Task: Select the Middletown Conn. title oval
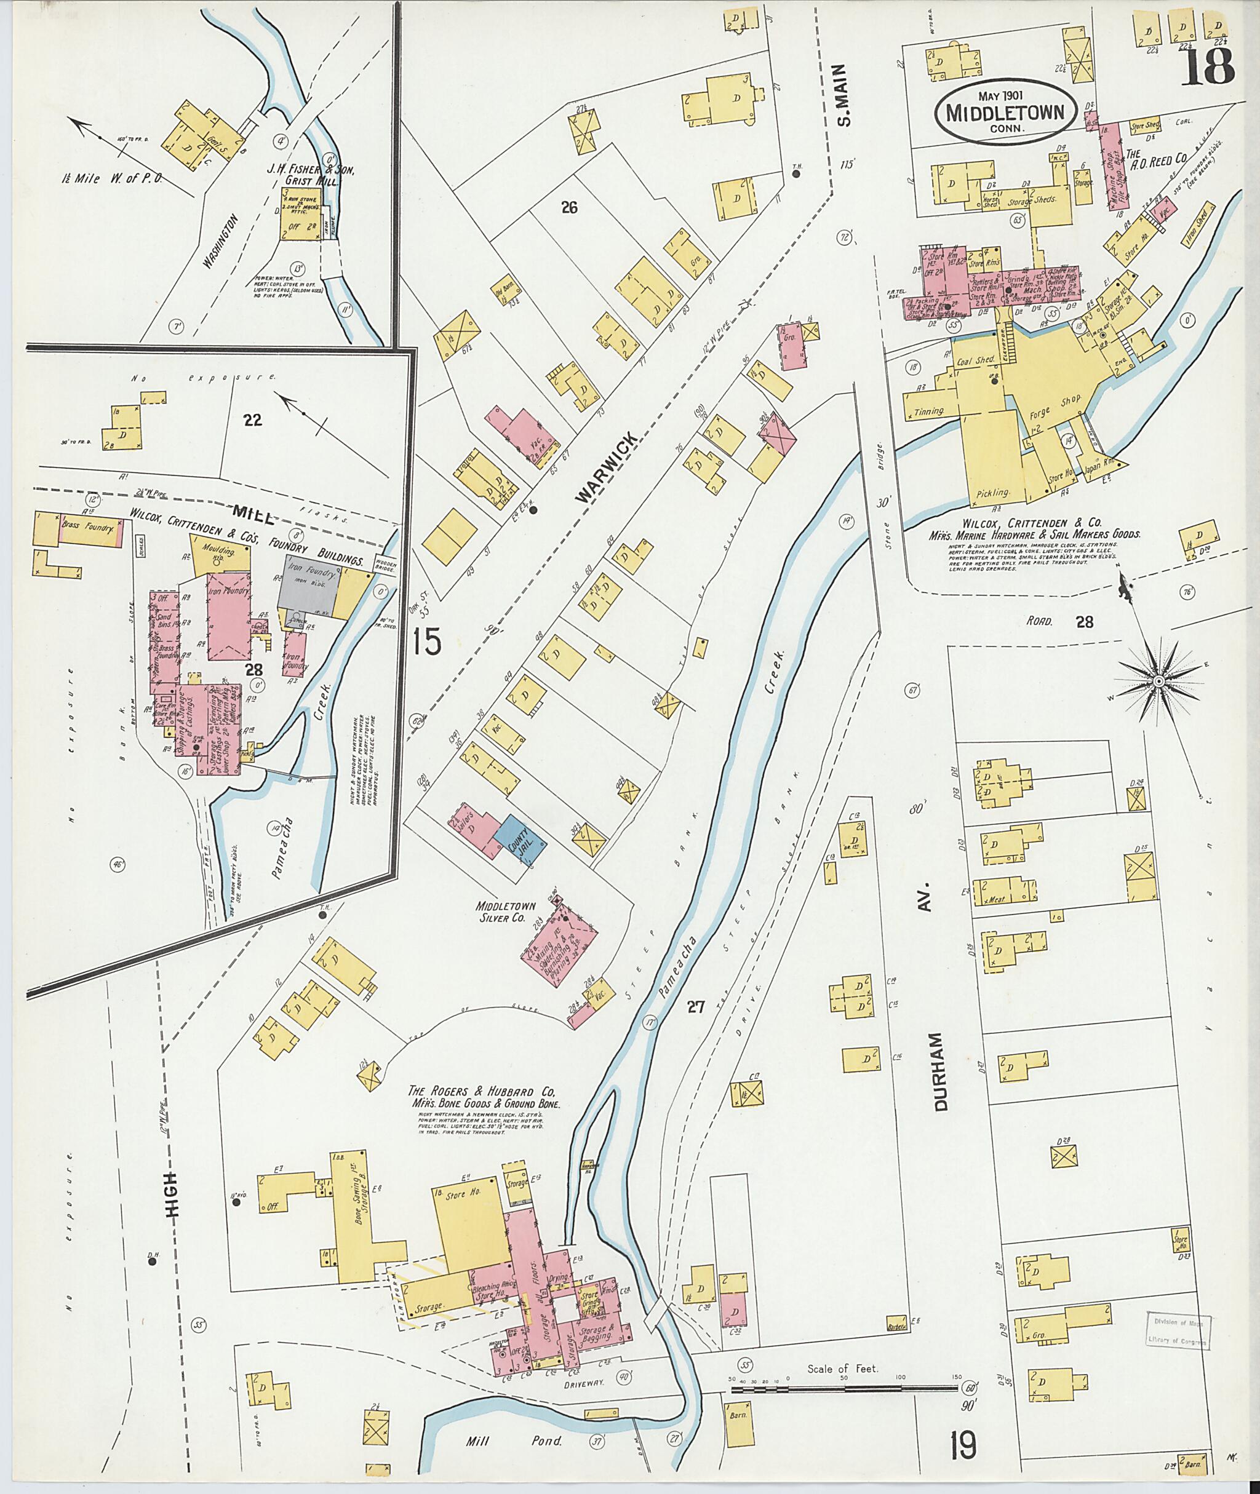pos(1003,115)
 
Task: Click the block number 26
pos(568,208)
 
